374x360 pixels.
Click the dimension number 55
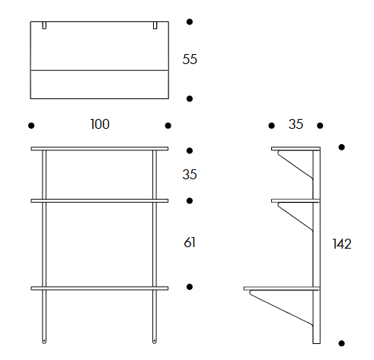[x=190, y=59]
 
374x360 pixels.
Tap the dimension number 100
[x=100, y=124]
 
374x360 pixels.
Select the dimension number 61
[x=190, y=243]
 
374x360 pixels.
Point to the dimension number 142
[x=342, y=244]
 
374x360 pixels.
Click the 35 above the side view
[x=296, y=124]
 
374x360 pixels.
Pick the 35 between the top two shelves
[x=190, y=175]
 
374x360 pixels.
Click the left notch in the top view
[x=44, y=25]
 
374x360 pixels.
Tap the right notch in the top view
[x=155, y=25]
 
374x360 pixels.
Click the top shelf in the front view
[x=100, y=149]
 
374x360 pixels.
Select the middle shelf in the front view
[x=100, y=201]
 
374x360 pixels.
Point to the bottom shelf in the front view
[x=100, y=288]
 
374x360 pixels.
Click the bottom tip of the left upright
[x=44, y=343]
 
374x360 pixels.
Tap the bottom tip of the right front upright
[x=155, y=343]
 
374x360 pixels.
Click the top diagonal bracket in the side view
[x=295, y=165]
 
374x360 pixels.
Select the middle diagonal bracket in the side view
[x=295, y=217]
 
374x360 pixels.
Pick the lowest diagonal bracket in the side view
[x=281, y=308]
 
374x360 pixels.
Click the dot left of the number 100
[x=31, y=126]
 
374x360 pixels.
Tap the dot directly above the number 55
[x=190, y=22]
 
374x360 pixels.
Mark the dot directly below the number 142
[x=342, y=343]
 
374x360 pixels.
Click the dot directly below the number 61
[x=190, y=287]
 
